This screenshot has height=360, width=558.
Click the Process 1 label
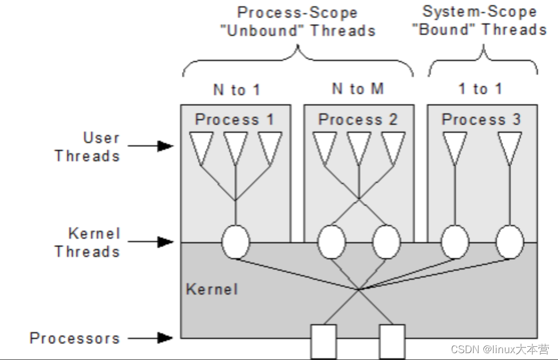[234, 120]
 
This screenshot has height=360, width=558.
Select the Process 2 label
[357, 120]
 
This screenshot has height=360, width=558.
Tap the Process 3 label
[481, 120]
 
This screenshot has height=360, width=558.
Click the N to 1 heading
[237, 89]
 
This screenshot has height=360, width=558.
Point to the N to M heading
[358, 89]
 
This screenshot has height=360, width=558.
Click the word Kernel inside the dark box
[211, 289]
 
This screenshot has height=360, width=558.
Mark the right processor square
[392, 341]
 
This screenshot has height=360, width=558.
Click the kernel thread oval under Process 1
[235, 242]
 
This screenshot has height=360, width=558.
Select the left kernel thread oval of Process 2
[332, 242]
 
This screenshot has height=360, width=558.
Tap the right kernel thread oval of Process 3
[510, 242]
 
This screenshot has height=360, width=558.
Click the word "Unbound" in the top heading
[262, 30]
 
